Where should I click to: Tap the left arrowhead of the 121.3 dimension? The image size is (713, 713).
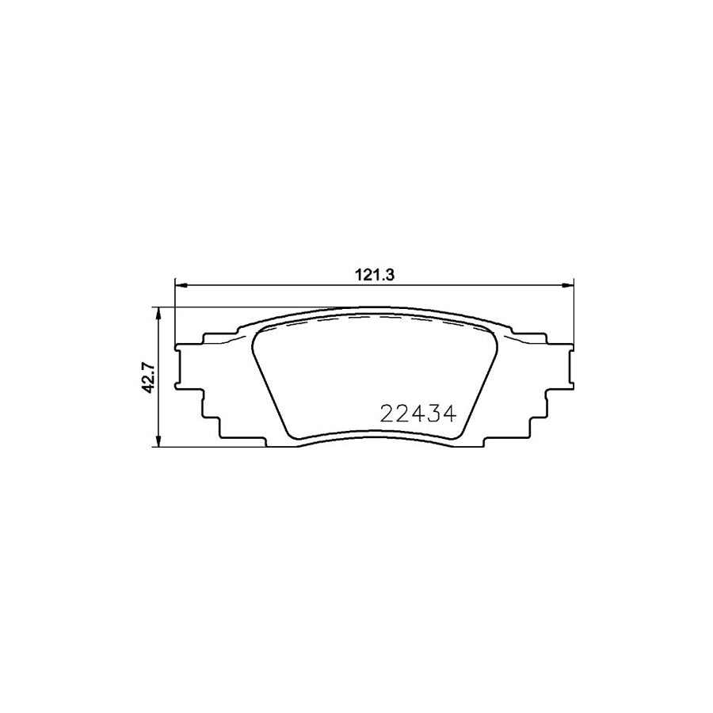click(178, 284)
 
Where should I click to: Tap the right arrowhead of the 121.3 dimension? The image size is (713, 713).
click(567, 284)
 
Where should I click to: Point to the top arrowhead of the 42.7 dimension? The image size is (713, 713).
click(161, 312)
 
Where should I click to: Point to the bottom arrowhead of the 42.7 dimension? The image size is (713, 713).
click(161, 444)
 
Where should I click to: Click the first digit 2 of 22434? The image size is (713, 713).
click(388, 414)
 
